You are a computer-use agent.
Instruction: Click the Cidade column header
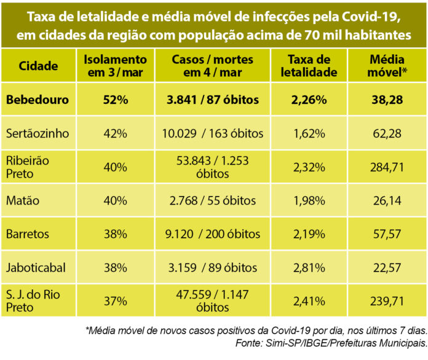click(x=38, y=66)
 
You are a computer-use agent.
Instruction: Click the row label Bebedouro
click(x=38, y=100)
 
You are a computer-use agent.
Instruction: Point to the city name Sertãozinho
click(x=36, y=133)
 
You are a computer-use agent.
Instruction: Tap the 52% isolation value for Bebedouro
click(x=115, y=100)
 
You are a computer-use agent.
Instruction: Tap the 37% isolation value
click(x=115, y=300)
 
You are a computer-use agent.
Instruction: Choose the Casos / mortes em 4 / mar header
click(x=213, y=66)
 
